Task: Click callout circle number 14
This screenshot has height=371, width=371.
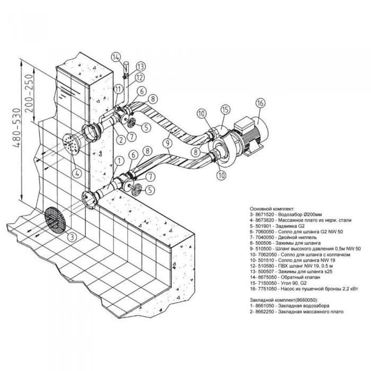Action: [x=116, y=57]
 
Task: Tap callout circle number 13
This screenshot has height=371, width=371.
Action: [x=141, y=66]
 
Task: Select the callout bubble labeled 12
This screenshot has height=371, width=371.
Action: [x=139, y=77]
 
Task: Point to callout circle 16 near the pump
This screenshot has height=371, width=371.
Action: [x=260, y=103]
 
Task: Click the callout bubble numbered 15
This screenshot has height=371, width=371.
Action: [x=225, y=110]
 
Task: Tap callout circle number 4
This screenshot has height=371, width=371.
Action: [x=77, y=173]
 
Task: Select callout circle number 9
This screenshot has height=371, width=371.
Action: [x=167, y=143]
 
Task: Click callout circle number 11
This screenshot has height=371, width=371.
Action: [x=118, y=89]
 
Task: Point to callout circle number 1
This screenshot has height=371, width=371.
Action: [x=119, y=161]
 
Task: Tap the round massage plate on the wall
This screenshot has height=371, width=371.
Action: [x=70, y=144]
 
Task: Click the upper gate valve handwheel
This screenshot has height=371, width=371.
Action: [x=131, y=122]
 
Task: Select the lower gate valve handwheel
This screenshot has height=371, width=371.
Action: [x=137, y=190]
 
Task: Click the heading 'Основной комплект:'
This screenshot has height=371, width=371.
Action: [x=272, y=209]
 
